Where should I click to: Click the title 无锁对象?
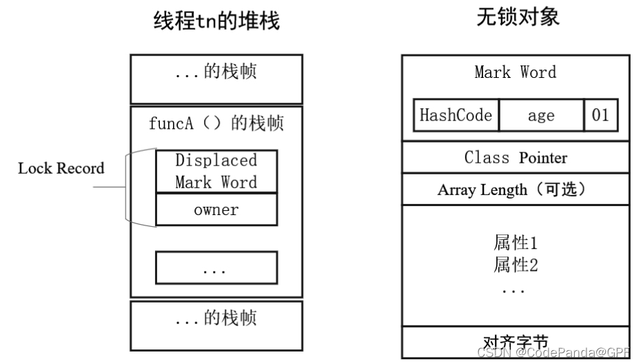[x=518, y=17]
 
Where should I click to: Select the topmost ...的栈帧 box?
[x=216, y=79]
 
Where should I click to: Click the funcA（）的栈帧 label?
[x=216, y=123]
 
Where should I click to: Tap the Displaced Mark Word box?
[x=216, y=172]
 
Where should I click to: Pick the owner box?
[x=216, y=210]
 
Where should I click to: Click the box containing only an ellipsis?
[x=216, y=267]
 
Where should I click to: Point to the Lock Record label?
[x=61, y=168]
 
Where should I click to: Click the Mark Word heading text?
[x=515, y=72]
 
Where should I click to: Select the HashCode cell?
[x=456, y=115]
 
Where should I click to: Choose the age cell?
[x=541, y=115]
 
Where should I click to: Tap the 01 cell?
[x=600, y=115]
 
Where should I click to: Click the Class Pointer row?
[x=515, y=157]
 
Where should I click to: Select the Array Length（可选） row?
[x=515, y=190]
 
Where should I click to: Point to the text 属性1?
[x=515, y=243]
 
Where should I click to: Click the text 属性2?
[x=515, y=264]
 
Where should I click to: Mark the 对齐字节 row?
[x=515, y=342]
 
